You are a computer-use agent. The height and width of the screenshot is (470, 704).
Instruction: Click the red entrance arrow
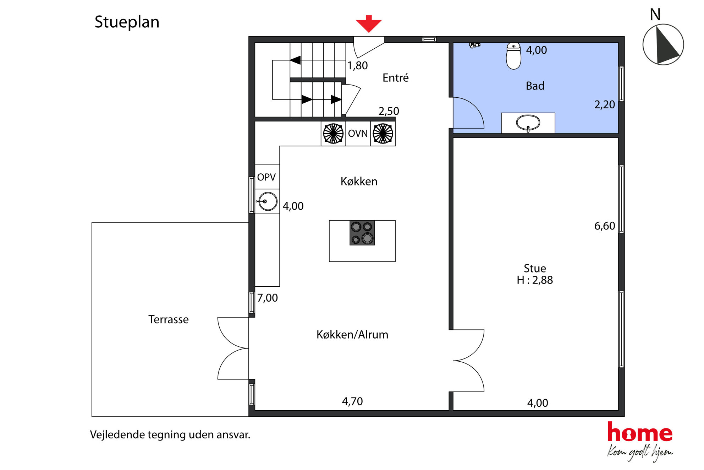[x=369, y=24]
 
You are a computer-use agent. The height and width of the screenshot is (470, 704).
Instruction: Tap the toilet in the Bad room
[x=513, y=56]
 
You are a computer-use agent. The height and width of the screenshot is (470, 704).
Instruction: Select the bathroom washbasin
[x=528, y=123]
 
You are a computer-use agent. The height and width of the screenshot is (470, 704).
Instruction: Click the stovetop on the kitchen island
[x=362, y=233]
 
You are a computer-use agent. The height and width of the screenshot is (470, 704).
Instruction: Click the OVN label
[x=358, y=134]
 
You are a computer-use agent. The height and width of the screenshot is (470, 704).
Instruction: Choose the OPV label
[x=266, y=177]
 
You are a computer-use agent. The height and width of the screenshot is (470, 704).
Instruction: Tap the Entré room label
[x=395, y=77]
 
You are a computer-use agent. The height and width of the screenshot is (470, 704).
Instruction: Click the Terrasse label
[x=168, y=319]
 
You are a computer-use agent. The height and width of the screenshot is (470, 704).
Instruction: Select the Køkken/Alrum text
[x=352, y=334]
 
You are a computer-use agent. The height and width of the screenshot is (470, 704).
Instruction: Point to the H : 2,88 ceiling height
[x=535, y=280]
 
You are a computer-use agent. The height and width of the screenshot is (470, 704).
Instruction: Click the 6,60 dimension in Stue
[x=605, y=226]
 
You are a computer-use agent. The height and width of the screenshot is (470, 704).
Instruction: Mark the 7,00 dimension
[x=268, y=298]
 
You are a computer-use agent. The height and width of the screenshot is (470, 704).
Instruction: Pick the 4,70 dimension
[x=352, y=401]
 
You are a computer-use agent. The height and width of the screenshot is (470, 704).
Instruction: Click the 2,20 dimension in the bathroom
[x=605, y=104]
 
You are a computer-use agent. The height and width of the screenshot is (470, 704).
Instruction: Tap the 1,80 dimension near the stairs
[x=358, y=66]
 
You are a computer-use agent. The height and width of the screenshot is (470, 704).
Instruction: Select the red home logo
[x=640, y=432]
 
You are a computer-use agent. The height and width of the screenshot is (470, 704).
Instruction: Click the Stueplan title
[x=127, y=22]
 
